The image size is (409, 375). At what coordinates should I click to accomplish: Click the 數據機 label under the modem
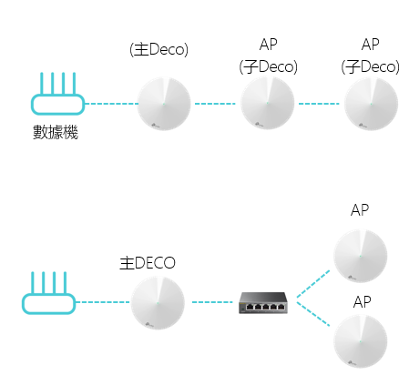pos(56,132)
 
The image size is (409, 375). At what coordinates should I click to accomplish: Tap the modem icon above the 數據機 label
pos(57,94)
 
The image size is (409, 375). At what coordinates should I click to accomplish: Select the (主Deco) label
pos(158,49)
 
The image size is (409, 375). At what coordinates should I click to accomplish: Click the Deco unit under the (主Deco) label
pos(164,104)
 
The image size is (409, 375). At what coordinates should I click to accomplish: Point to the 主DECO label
pos(148,263)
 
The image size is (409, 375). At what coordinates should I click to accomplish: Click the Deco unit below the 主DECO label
pos(158,303)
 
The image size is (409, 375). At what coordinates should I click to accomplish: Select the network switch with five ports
pos(263,303)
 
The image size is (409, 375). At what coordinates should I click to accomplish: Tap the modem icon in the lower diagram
pos(48,293)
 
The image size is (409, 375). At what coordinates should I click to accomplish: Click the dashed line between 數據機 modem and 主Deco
pos(111,104)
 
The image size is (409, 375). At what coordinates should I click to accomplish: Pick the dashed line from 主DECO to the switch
pos(212,302)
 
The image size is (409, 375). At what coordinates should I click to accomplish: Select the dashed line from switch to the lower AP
pos(313,314)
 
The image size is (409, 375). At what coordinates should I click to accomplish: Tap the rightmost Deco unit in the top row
pos(371,104)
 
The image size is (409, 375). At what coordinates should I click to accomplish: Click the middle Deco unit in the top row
pos(268,103)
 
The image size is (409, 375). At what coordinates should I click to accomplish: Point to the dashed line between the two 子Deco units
pos(319,104)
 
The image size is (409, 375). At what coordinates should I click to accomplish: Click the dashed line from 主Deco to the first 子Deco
pos(215,104)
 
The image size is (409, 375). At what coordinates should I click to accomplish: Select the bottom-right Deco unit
pos(361,341)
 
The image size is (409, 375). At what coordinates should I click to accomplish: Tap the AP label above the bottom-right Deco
pos(362,302)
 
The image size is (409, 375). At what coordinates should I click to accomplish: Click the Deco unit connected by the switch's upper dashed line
pos(361,256)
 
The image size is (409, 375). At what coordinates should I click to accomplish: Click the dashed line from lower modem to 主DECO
pos(103,302)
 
